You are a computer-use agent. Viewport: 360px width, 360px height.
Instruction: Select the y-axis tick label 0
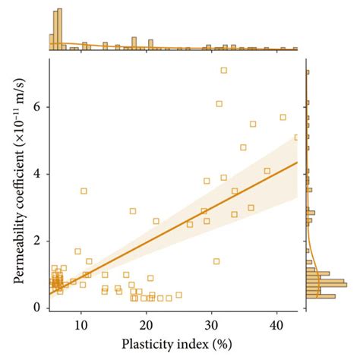click(35, 308)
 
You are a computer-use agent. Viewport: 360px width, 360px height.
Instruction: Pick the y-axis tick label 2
click(35, 241)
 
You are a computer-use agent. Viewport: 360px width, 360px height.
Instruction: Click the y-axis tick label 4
click(35, 174)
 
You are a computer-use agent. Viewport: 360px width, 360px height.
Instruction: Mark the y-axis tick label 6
click(35, 107)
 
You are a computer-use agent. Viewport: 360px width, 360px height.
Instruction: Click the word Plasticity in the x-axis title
click(147, 343)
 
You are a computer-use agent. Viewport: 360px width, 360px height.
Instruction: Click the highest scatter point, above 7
click(224, 70)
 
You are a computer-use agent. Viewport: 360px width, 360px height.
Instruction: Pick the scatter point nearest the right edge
click(297, 137)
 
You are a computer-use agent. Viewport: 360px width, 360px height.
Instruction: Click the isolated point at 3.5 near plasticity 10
click(84, 191)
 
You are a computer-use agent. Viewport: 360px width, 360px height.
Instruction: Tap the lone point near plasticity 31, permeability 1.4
click(216, 261)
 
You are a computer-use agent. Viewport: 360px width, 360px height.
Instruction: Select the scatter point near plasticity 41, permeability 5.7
click(283, 117)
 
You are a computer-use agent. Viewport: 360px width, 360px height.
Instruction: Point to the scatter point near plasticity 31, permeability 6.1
click(219, 103)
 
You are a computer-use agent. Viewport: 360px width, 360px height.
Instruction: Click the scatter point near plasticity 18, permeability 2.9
click(133, 211)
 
